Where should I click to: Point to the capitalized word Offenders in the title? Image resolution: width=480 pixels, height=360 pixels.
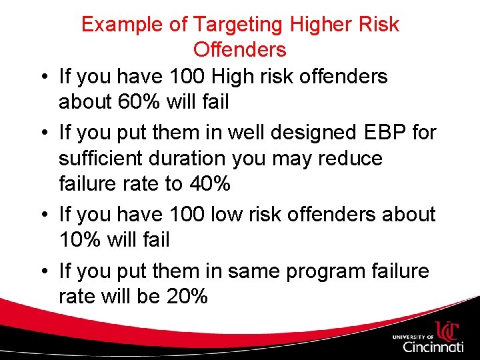coord(239,49)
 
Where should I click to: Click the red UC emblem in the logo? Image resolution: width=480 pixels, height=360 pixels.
coord(449,331)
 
